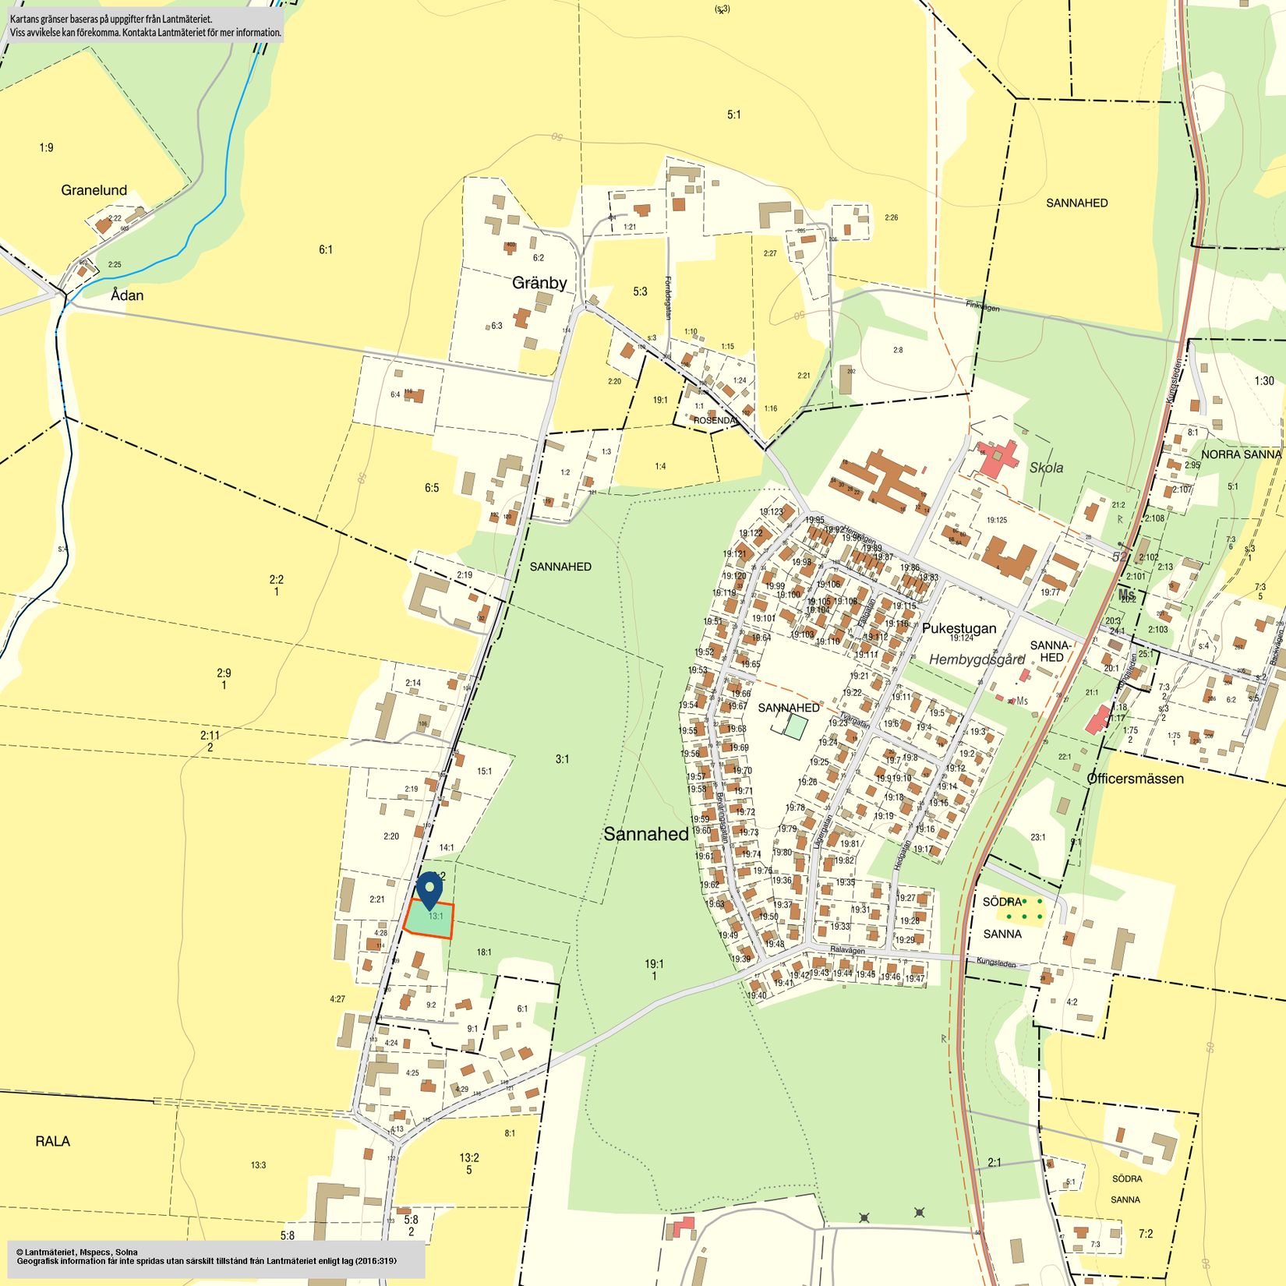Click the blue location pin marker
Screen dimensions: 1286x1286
[429, 890]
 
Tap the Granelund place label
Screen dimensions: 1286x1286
[94, 190]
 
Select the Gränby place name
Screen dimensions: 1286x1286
[539, 283]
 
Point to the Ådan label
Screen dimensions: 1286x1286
[127, 295]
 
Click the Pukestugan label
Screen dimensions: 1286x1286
[959, 628]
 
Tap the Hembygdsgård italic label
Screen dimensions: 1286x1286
[977, 659]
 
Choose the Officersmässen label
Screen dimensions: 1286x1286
[1135, 779]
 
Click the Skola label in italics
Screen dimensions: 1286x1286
[1046, 468]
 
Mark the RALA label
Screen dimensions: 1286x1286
[53, 1141]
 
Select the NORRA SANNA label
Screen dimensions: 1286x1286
[1241, 454]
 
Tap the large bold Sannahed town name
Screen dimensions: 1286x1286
[646, 834]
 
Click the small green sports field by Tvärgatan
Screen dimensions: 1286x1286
[795, 726]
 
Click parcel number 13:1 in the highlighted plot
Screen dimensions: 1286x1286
[436, 917]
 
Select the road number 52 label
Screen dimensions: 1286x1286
[1120, 556]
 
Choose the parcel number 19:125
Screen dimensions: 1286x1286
[996, 520]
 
